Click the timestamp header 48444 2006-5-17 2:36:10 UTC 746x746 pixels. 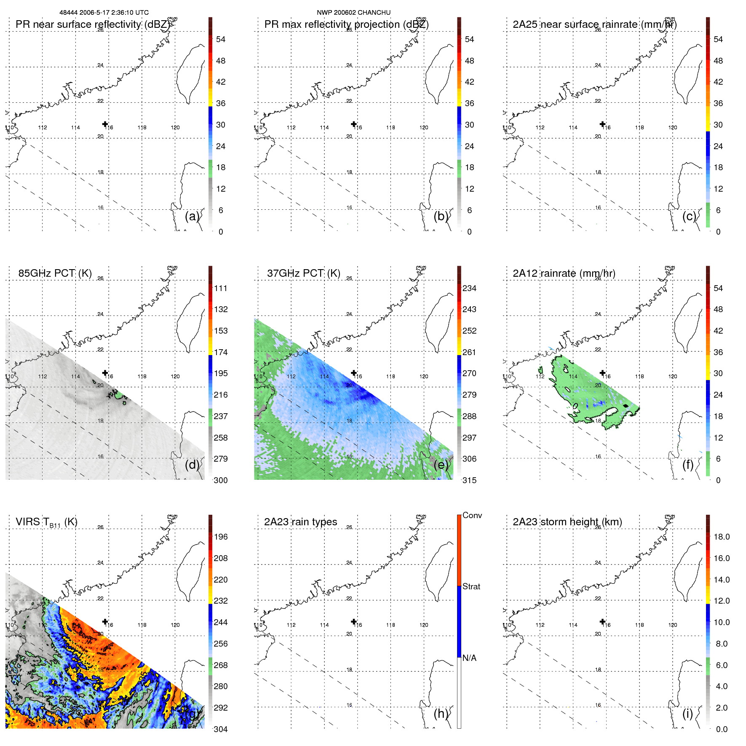(104, 13)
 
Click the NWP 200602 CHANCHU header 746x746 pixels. (353, 13)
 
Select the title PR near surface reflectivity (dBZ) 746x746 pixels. (93, 24)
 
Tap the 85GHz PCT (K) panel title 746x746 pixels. (55, 273)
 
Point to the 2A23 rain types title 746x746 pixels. (300, 522)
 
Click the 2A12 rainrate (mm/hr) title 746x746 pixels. (564, 273)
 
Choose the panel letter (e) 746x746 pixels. (441, 465)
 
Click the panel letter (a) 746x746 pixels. (192, 216)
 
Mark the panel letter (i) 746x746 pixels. (687, 714)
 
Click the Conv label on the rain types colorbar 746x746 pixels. (472, 515)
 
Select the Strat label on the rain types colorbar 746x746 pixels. (471, 586)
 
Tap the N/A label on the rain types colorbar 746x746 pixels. (469, 658)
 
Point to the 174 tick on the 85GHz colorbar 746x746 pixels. (220, 352)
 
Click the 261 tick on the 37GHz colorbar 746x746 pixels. (469, 352)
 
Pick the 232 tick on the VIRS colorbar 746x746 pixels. (220, 601)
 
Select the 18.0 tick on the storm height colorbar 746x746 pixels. (721, 537)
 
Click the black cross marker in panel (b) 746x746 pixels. (354, 124)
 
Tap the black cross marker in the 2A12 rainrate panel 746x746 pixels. (602, 373)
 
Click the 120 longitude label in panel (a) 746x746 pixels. (175, 128)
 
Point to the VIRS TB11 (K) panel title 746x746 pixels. (46, 522)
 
